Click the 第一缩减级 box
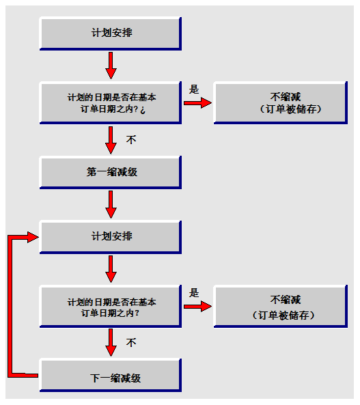[111, 172]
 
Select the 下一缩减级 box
[111, 376]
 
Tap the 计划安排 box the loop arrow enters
[111, 237]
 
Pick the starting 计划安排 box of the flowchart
[111, 33]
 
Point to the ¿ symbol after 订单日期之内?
[143, 110]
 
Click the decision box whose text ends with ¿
[111, 103]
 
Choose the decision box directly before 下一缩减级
[111, 307]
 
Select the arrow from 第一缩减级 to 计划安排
[111, 204]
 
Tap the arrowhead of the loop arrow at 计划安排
[33, 237]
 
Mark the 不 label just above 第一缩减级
[131, 140]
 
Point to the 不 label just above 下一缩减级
[131, 342]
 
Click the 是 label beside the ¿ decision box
[194, 89]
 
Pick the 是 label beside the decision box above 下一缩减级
[194, 293]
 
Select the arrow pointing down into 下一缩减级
[111, 342]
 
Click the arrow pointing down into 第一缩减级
[111, 140]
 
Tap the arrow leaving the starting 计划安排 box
[111, 66]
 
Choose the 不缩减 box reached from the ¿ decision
[281, 103]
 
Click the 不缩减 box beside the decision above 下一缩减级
[281, 307]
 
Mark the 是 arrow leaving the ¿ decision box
[197, 103]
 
